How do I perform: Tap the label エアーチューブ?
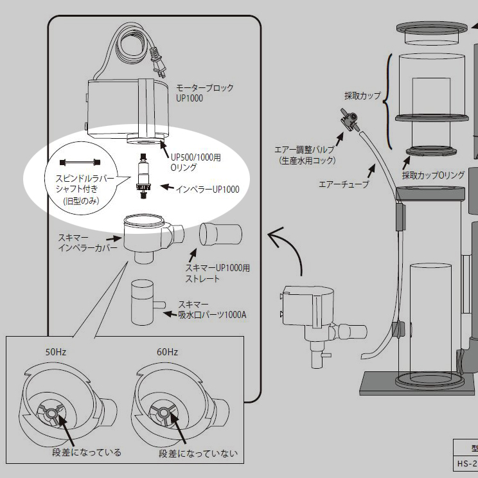click(343, 184)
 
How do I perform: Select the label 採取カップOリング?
click(434, 175)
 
